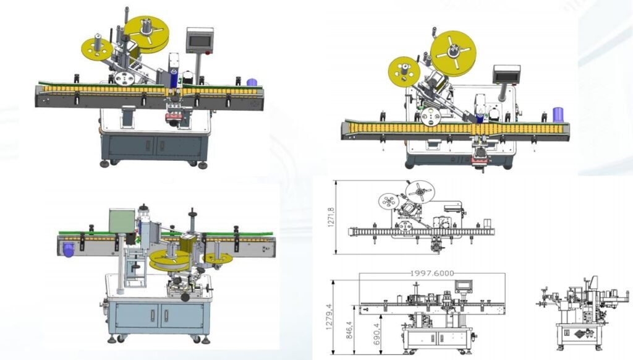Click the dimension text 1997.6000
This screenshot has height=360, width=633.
(x=432, y=273)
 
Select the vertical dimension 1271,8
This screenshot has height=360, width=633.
(x=331, y=217)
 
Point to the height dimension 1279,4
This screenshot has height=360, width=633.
(x=328, y=317)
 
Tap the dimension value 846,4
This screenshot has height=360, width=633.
(x=349, y=330)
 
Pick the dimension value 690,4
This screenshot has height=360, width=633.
(x=376, y=334)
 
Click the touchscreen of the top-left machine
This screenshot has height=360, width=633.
(x=200, y=42)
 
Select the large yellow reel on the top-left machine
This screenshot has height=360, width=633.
(x=146, y=34)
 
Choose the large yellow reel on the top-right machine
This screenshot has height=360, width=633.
(x=453, y=53)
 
